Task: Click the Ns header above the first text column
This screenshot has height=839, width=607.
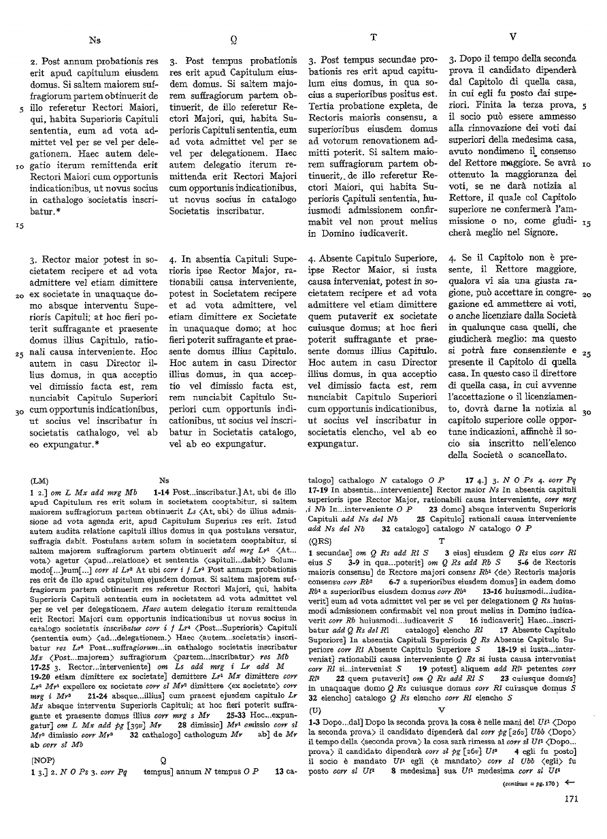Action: tap(95, 39)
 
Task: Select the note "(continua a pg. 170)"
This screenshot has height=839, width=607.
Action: tap(529, 802)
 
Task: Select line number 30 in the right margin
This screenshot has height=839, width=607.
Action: tap(587, 412)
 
